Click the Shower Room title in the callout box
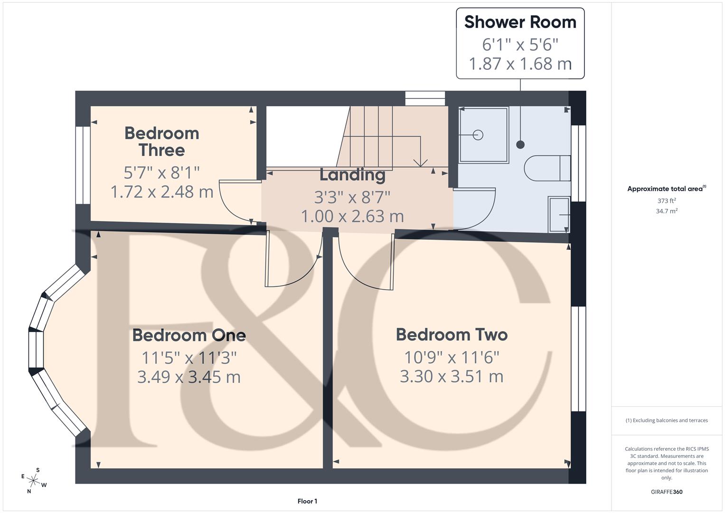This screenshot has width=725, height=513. click(x=520, y=22)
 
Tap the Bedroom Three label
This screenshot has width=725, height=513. click(x=162, y=142)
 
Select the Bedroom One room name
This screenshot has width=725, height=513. click(x=189, y=335)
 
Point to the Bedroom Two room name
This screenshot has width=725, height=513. click(x=452, y=335)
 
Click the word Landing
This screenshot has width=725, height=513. click(x=352, y=175)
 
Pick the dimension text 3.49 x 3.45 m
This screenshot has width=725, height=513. click(x=189, y=377)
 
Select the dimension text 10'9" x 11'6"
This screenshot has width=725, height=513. click(x=452, y=357)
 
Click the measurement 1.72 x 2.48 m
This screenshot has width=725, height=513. click(x=162, y=192)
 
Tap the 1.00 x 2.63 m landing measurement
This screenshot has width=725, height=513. click(x=352, y=217)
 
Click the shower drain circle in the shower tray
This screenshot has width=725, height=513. click(x=478, y=135)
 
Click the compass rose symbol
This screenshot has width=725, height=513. click(x=34, y=481)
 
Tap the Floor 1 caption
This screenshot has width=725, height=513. click(x=307, y=501)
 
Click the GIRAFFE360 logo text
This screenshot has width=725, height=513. click(x=666, y=492)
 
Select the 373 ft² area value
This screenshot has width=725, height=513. click(x=666, y=201)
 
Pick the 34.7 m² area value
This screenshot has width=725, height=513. click(x=666, y=211)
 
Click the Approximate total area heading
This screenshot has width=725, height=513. click(x=666, y=189)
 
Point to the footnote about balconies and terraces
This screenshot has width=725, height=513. click(x=666, y=420)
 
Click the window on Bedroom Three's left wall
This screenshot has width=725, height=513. click(x=83, y=165)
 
